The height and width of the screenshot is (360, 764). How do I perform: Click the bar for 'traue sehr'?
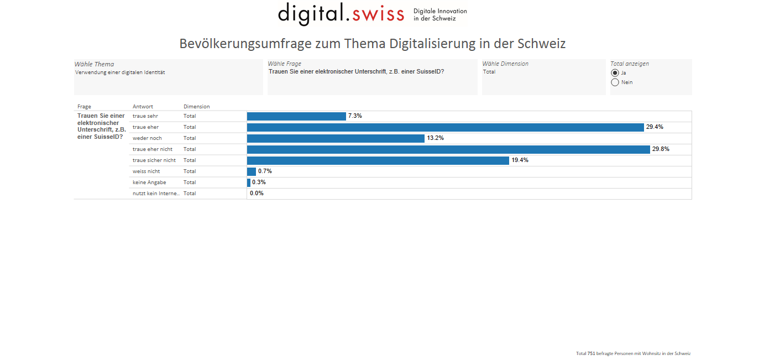296,116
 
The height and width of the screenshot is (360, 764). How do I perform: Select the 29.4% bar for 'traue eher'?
445,127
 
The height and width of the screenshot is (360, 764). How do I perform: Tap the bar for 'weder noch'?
336,138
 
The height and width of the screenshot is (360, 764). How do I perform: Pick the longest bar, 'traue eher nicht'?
448,149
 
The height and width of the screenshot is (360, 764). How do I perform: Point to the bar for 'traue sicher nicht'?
378,160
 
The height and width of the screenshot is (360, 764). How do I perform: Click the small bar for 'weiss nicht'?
252,171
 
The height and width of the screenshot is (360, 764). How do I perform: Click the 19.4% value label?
519,160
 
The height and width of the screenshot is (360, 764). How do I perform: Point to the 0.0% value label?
257,194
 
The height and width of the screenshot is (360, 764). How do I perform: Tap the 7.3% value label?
355,116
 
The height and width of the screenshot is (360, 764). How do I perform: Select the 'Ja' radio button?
615,72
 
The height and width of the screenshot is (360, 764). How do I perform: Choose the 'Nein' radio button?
615,82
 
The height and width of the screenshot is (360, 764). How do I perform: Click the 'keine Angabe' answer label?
149,182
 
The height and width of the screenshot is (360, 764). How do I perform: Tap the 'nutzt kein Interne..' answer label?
156,194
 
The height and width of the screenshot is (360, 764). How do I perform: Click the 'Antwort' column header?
143,107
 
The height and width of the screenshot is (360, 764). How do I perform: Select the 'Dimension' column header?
197,107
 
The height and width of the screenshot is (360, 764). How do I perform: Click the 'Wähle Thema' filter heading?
94,64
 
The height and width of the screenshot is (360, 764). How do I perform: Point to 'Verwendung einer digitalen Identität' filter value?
120,72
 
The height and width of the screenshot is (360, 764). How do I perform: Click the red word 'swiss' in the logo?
379,13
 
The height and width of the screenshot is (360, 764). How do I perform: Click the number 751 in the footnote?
591,353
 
